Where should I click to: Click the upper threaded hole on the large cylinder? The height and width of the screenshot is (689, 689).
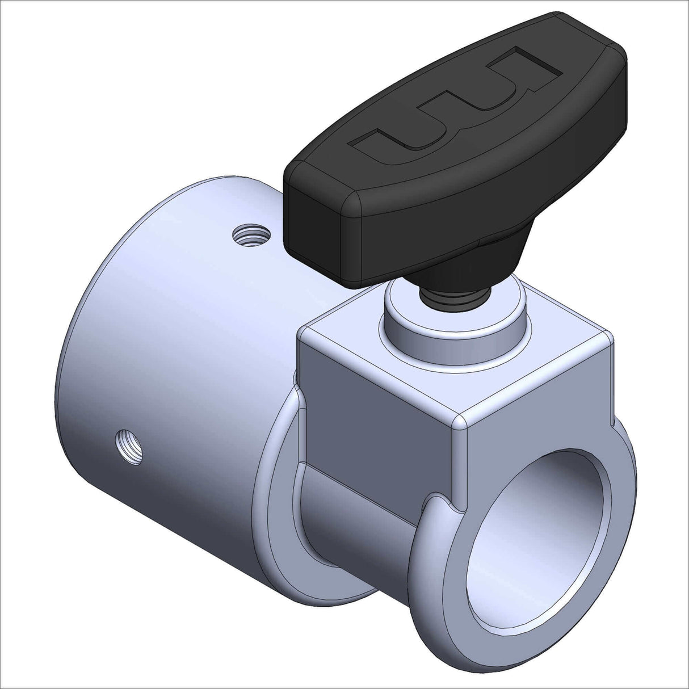[x=250, y=234]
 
